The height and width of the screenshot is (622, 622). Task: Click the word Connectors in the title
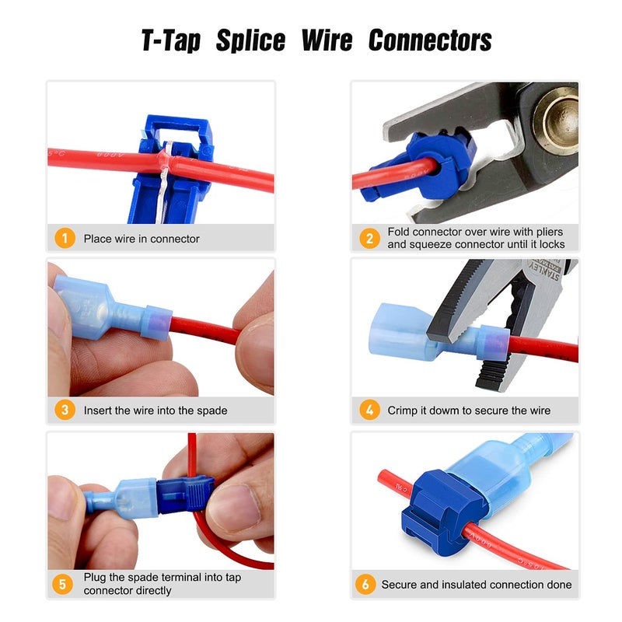[x=430, y=40]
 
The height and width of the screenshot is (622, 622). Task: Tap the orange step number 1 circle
[x=65, y=239]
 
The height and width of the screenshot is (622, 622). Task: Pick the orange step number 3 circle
[x=65, y=410]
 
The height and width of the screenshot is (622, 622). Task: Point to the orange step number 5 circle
[x=65, y=584]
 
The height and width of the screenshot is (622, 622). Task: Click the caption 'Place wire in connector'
[x=142, y=239]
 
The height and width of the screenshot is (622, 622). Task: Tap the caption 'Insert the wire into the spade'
[x=155, y=410]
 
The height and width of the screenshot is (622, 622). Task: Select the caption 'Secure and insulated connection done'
[x=476, y=584]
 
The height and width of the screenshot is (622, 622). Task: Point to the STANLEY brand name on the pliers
[x=544, y=277]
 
